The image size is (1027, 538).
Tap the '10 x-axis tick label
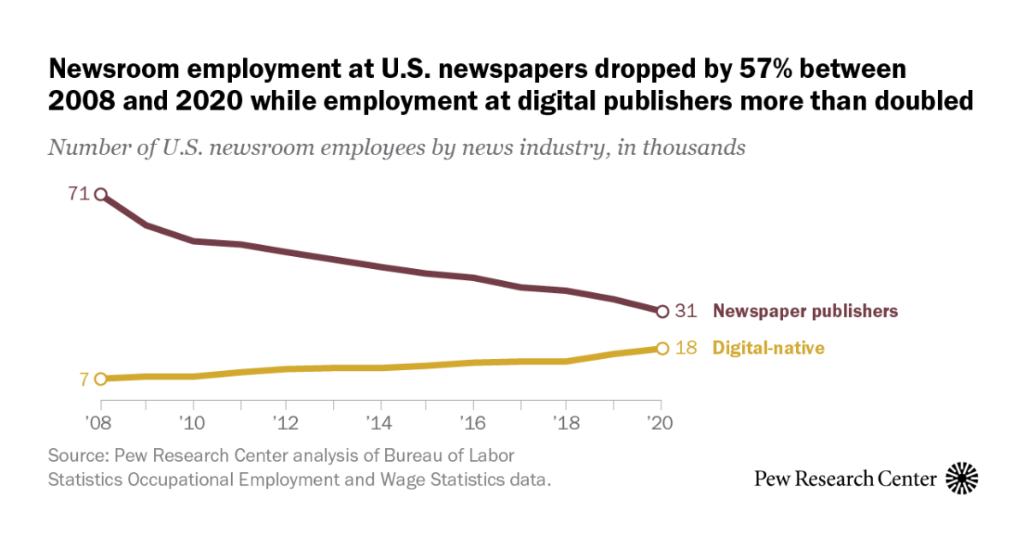click(193, 423)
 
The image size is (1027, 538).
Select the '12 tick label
click(287, 423)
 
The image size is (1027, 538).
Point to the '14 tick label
click(380, 423)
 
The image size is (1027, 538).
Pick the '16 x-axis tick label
click(473, 423)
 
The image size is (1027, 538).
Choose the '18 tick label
click(567, 423)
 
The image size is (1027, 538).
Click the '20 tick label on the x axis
click(660, 423)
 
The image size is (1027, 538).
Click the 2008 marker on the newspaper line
click(101, 194)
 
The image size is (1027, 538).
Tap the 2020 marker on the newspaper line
click(662, 311)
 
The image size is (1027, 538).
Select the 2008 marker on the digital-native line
click(101, 379)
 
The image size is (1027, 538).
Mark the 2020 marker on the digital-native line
click(662, 348)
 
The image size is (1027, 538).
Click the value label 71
click(79, 194)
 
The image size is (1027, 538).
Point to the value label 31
click(686, 311)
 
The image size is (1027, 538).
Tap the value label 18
click(686, 348)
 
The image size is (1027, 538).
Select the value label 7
click(84, 379)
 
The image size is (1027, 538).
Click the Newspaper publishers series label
click(805, 311)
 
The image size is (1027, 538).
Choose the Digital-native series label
click(769, 348)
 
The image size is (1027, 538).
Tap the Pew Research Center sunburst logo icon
click(961, 478)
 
